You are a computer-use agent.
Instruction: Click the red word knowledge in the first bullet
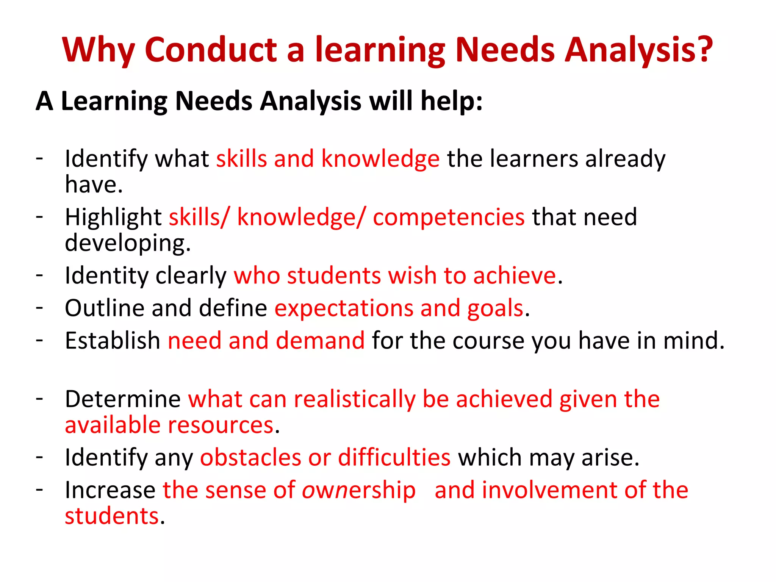[x=380, y=158]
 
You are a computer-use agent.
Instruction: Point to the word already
[x=625, y=158]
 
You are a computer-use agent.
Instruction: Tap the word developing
[x=127, y=243]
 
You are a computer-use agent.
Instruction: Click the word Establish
[x=113, y=340]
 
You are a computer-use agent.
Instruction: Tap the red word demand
[x=320, y=340]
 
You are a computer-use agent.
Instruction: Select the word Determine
[x=123, y=399]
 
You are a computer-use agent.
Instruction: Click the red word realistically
[x=355, y=399]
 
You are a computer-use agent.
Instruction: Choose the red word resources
[x=221, y=425]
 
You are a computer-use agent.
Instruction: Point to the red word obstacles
[x=250, y=457]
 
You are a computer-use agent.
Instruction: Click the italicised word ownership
[x=358, y=490]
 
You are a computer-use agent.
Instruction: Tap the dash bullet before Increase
[x=39, y=489]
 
